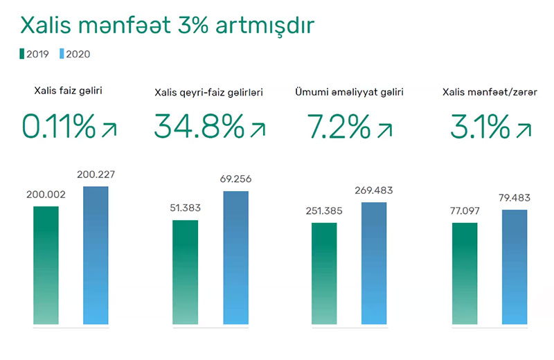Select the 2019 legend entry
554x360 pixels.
tap(34, 53)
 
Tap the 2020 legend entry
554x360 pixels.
tap(75, 53)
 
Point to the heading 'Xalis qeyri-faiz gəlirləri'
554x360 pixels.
tap(208, 91)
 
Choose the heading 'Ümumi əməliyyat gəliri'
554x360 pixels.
tap(349, 91)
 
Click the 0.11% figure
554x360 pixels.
tap(59, 127)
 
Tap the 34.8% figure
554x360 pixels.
tap(199, 127)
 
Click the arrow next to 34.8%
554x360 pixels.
tap(257, 129)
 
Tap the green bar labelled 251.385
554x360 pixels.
tap(324, 273)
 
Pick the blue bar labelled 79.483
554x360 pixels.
tap(515, 267)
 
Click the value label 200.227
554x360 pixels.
tap(96, 175)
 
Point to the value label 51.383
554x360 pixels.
tap(185, 208)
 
